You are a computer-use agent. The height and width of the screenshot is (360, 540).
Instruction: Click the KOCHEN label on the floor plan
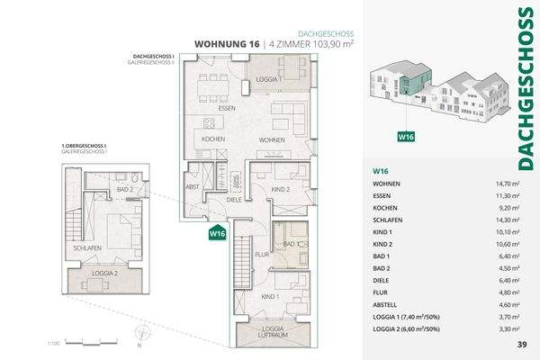tap(213, 140)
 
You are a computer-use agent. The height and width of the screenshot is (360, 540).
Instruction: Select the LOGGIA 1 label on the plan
tap(269, 80)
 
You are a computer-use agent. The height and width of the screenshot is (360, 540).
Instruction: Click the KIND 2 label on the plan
tap(279, 190)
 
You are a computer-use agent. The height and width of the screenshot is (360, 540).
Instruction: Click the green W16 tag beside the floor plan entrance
tap(216, 234)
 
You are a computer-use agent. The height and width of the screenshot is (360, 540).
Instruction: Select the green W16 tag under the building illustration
tap(408, 138)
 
